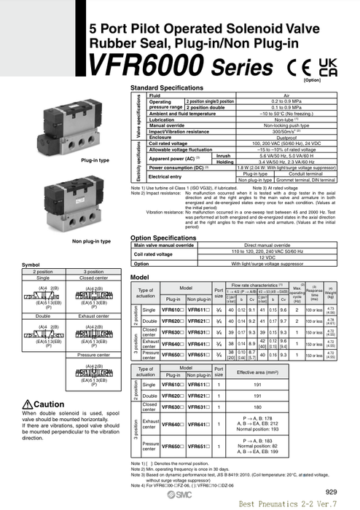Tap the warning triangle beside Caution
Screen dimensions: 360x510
click(28, 404)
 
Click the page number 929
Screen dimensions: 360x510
click(332, 492)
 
